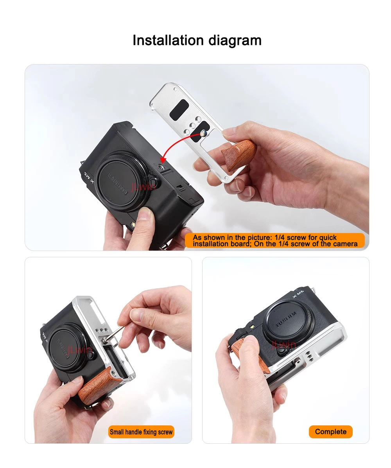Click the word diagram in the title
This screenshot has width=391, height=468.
tap(235, 41)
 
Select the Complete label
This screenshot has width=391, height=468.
tap(331, 432)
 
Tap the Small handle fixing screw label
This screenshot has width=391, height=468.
tap(141, 432)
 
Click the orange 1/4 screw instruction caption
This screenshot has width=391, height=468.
tap(274, 240)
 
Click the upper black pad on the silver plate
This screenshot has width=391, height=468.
tap(179, 110)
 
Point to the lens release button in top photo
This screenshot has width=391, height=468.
tap(154, 183)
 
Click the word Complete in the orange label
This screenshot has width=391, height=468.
tap(331, 432)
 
